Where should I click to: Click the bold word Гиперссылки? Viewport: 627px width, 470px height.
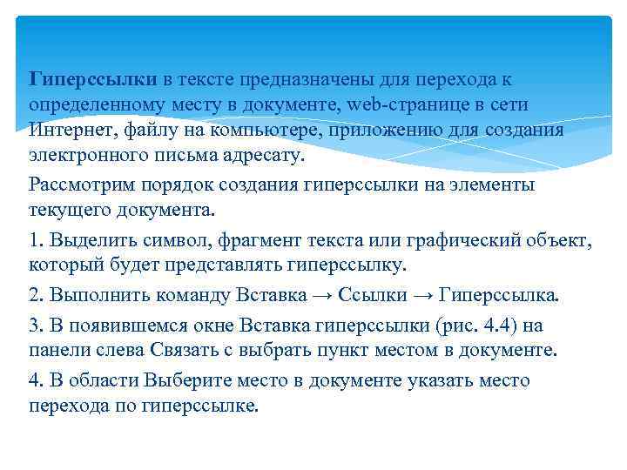click(x=93, y=80)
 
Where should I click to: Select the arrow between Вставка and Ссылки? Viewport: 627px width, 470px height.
click(x=321, y=295)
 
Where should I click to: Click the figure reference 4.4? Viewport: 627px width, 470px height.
click(x=502, y=325)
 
